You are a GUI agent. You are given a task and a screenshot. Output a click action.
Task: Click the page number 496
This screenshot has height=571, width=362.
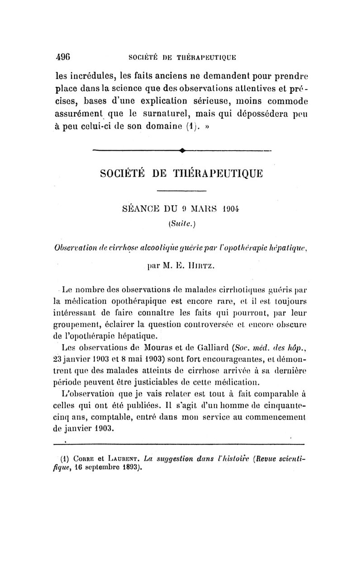pyautogui.click(x=62, y=57)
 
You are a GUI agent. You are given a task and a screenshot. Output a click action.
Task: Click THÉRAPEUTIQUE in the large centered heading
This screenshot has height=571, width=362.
pyautogui.click(x=217, y=173)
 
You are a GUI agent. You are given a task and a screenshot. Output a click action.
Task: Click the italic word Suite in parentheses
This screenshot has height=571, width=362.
pyautogui.click(x=181, y=223)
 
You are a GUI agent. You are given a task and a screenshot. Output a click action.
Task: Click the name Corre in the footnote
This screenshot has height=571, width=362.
pyautogui.click(x=90, y=459)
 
